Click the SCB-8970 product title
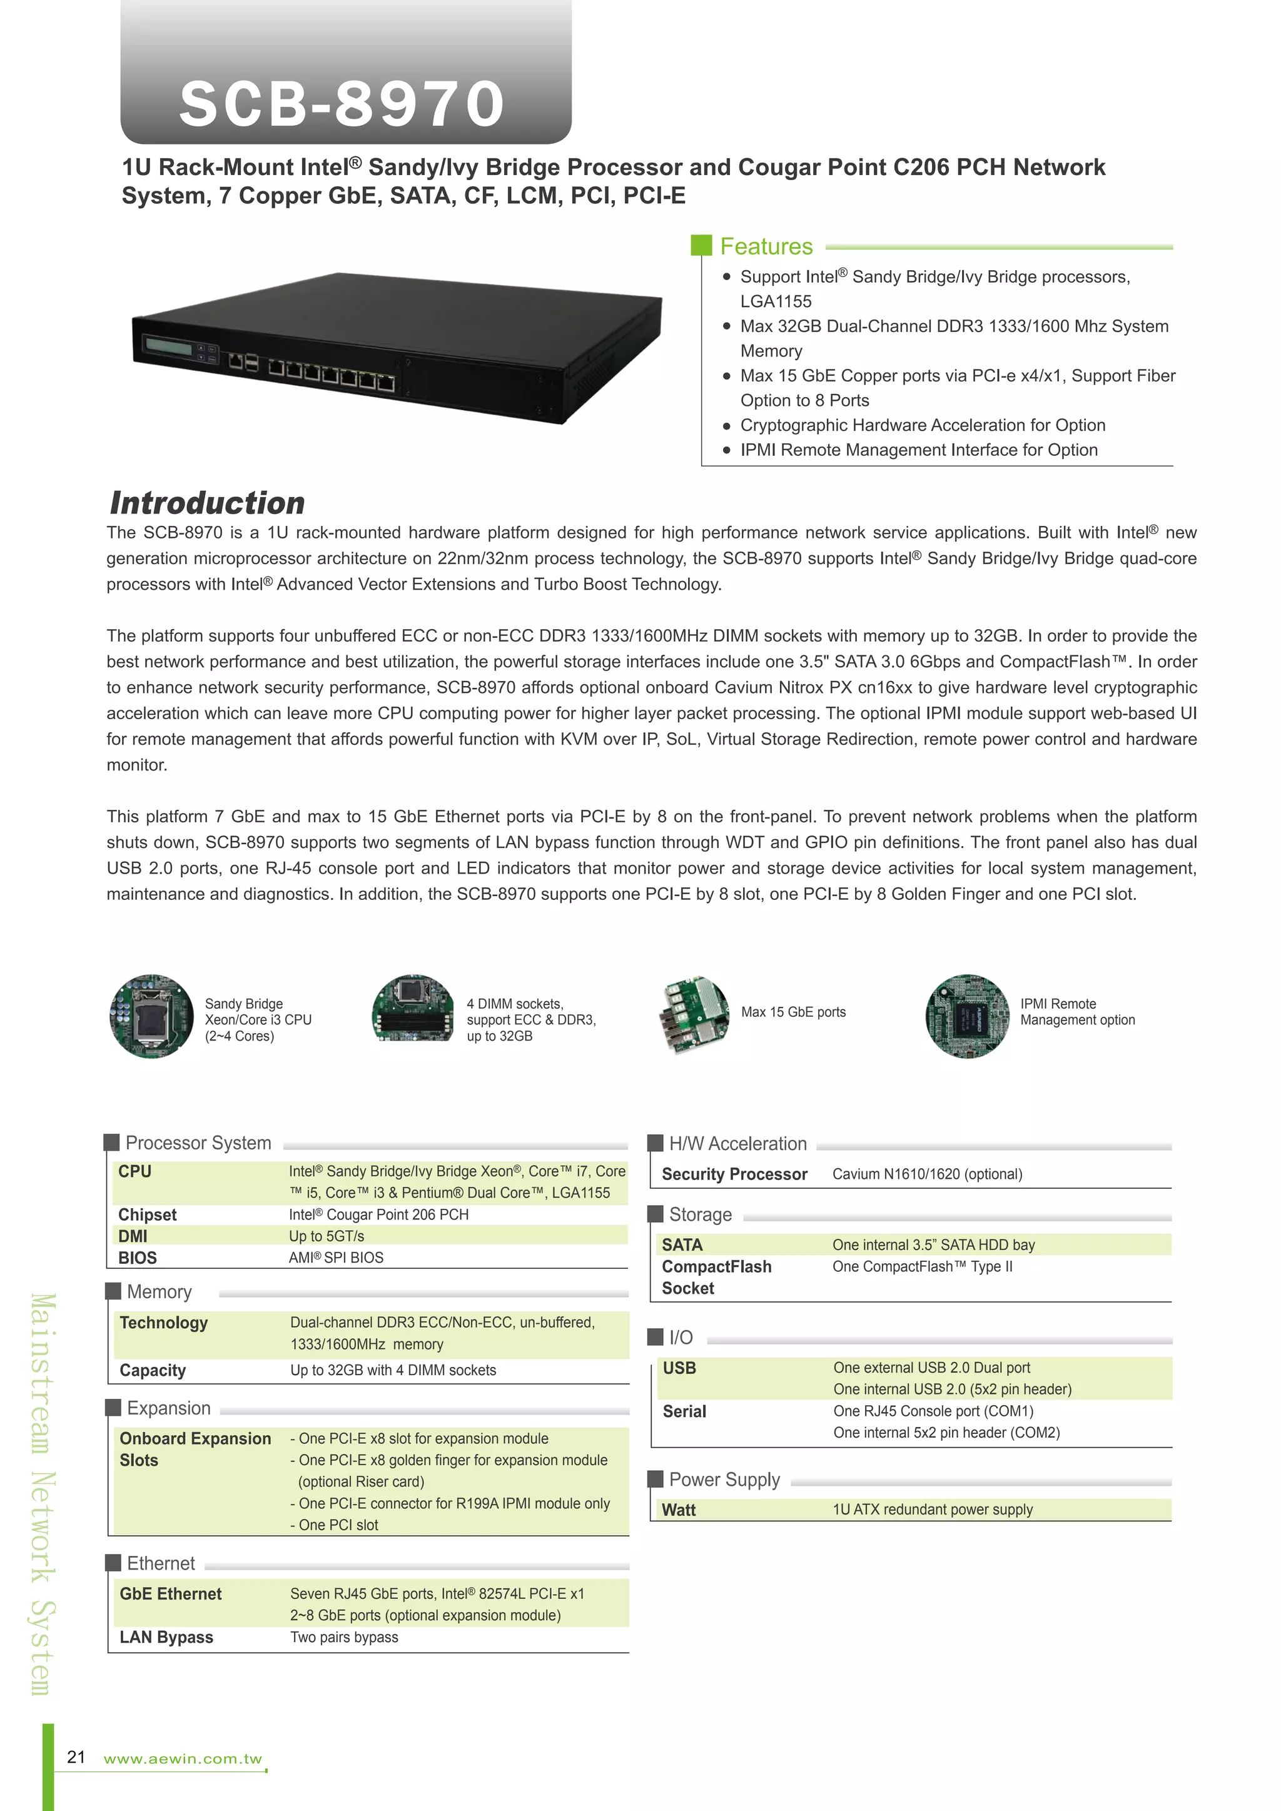tap(342, 103)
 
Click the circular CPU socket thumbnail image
tap(151, 1016)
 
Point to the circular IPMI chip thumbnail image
tap(967, 1016)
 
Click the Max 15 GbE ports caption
tap(792, 1012)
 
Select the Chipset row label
tap(148, 1214)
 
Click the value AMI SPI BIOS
tap(336, 1258)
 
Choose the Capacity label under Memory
tap(153, 1370)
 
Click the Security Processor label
tap(734, 1174)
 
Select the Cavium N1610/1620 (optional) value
tap(927, 1174)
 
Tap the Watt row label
tap(679, 1510)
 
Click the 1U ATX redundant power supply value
tap(933, 1510)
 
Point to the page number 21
tap(76, 1757)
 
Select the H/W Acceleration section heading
tap(737, 1144)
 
